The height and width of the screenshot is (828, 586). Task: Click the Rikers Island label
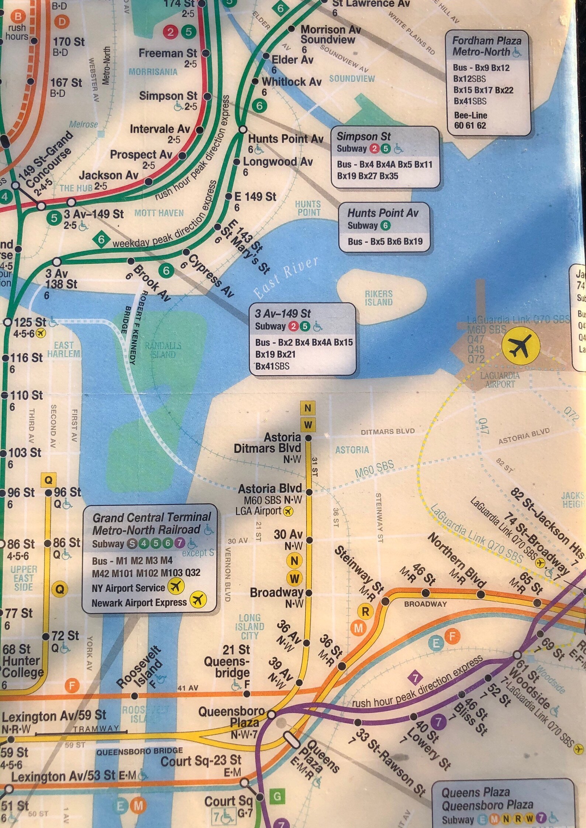379,298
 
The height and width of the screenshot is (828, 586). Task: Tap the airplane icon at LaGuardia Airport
521,346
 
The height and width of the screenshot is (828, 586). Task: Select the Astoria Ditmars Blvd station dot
308,438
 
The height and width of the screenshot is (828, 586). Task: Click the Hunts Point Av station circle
243,130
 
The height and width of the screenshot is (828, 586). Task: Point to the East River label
286,277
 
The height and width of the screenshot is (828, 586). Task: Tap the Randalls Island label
163,350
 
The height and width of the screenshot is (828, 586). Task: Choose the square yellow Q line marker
48,480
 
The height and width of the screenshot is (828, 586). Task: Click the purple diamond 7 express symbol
416,678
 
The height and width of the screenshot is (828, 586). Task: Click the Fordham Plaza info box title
487,46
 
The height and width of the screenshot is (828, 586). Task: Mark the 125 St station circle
8,322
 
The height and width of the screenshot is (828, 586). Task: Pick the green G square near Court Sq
277,797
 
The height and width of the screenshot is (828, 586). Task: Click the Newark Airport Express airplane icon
198,599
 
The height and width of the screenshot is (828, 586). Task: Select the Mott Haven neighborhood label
159,213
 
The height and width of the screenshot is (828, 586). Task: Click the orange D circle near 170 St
62,21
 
